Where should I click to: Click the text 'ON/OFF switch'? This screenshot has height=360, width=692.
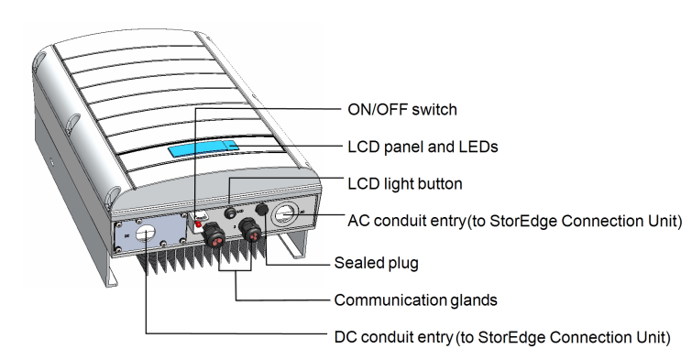[x=402, y=109]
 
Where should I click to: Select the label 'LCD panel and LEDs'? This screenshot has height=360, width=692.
[x=423, y=147]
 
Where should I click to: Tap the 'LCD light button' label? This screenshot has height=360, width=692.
[x=405, y=183]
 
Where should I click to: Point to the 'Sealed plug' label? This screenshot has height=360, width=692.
[x=376, y=263]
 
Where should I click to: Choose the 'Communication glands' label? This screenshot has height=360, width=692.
[x=415, y=300]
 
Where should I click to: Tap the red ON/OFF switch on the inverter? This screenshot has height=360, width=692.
[x=198, y=224]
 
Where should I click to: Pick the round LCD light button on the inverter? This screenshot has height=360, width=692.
[x=230, y=213]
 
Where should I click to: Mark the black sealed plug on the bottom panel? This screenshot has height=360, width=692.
[x=262, y=209]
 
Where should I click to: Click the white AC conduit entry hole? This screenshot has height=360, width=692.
[x=285, y=215]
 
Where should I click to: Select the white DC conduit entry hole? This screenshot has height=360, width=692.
[x=145, y=233]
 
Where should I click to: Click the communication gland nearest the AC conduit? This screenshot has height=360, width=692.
[x=250, y=231]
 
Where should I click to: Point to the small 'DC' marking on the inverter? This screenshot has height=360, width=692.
[x=127, y=236]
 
